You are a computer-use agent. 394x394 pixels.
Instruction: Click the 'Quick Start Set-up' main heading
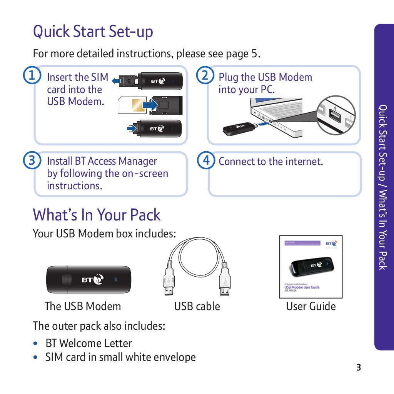[93, 32]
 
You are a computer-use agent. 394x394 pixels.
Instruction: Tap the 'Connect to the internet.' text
[270, 162]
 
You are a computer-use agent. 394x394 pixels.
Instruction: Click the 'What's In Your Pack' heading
[97, 215]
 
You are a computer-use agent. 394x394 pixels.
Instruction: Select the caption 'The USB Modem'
[83, 306]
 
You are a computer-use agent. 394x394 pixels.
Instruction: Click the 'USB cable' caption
[197, 306]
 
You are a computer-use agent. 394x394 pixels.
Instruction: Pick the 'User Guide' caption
[311, 306]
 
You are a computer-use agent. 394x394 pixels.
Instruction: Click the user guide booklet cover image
[311, 267]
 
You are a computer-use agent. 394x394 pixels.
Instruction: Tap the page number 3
[359, 367]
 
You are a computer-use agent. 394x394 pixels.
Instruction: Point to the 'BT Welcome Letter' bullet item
[88, 343]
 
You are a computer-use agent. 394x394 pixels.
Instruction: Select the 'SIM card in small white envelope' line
[120, 357]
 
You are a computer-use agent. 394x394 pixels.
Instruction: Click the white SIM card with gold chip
[132, 105]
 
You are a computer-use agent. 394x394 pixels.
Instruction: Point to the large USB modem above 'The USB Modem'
[88, 279]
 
